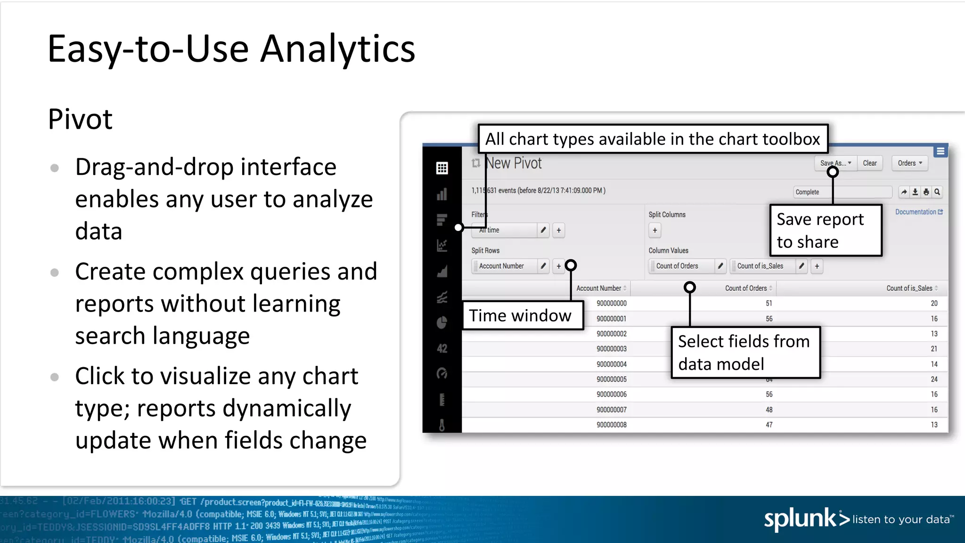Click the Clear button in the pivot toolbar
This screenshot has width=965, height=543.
[x=869, y=163]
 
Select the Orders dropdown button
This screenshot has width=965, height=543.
[x=909, y=163]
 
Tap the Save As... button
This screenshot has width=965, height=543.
[x=835, y=163]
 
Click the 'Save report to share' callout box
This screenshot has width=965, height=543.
[x=825, y=230]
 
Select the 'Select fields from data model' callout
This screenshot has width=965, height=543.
[x=745, y=353]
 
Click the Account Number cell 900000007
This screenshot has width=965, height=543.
[x=611, y=410]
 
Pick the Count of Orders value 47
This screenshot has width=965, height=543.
[x=769, y=425]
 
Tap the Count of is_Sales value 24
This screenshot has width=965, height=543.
[x=934, y=379]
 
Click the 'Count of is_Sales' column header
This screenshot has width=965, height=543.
[x=909, y=288]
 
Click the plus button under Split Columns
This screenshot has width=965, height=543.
[x=654, y=230]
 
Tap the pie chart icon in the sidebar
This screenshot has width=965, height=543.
[x=442, y=322]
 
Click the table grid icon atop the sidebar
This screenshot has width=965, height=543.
[x=442, y=168]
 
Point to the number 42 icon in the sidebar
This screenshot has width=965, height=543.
[x=442, y=348]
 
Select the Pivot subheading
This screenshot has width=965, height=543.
[x=80, y=119]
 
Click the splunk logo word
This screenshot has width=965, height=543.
[x=800, y=519]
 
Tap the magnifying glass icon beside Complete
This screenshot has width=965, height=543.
[x=937, y=192]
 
